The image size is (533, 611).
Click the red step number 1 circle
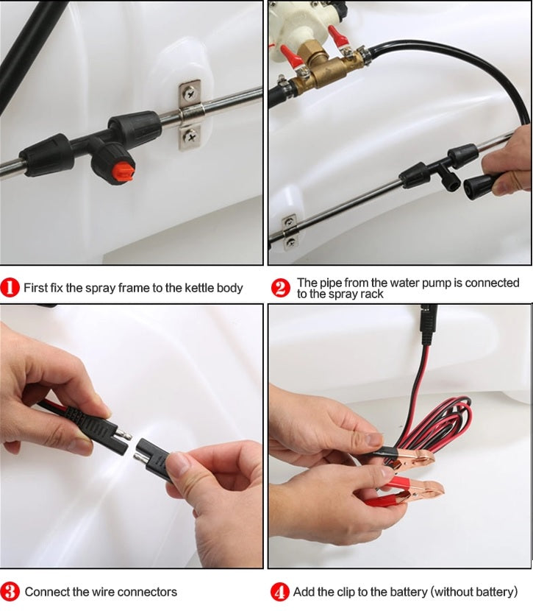[x=10, y=288]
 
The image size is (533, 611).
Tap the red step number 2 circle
[x=280, y=288]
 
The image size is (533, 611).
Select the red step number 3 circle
[x=10, y=592]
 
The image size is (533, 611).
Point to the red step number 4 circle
[x=279, y=592]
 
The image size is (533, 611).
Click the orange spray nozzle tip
[x=124, y=172]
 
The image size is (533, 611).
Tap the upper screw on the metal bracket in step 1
[x=190, y=93]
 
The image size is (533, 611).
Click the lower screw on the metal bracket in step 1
[x=190, y=136]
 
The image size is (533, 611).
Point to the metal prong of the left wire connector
[x=126, y=434]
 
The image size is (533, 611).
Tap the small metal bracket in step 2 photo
[x=290, y=232]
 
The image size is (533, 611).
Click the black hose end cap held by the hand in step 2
[x=478, y=186]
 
